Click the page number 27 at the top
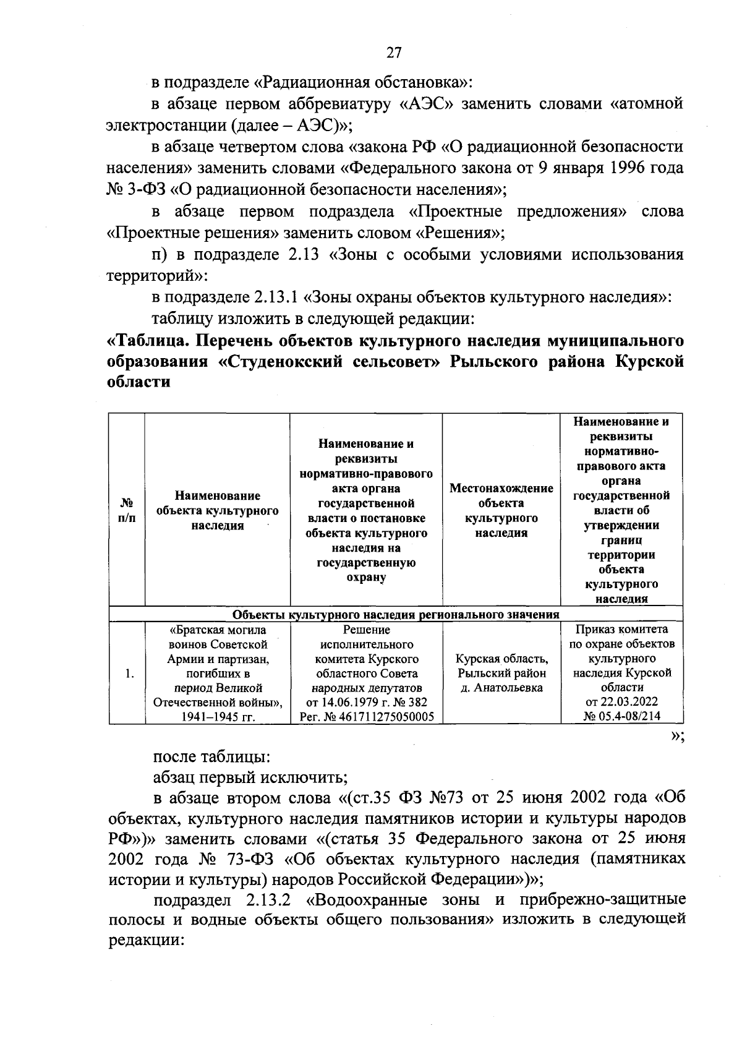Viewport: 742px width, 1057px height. [393, 53]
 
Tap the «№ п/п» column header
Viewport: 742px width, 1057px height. [126, 511]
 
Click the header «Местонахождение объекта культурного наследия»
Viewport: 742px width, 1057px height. [501, 511]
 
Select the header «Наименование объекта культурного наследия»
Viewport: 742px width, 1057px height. [217, 511]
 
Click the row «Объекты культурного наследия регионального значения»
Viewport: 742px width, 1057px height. [396, 615]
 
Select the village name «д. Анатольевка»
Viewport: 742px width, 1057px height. [501, 688]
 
